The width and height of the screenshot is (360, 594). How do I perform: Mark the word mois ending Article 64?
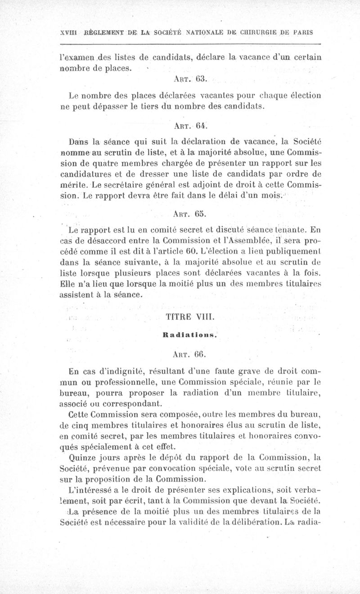pos(271,196)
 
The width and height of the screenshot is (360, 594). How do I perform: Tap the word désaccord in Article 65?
pos(99,239)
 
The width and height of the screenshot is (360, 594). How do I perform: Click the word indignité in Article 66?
pos(122,371)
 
